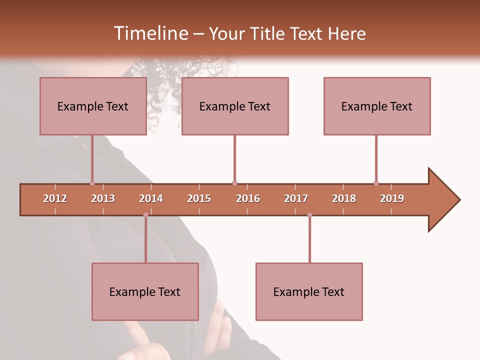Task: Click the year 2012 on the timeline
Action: point(55,199)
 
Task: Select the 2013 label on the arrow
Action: point(103,199)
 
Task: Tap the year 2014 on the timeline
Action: point(151,199)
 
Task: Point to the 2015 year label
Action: point(199,199)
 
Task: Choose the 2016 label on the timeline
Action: point(248,199)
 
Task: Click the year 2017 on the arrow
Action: point(296,199)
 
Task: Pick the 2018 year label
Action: point(344,199)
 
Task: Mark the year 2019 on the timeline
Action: point(392,199)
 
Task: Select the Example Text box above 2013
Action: point(93,106)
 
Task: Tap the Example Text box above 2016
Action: point(235,106)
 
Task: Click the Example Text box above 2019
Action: point(377,106)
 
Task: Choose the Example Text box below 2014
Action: point(145,292)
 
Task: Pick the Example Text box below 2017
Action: point(309,292)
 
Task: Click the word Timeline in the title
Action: point(150,33)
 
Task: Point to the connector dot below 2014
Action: point(145,215)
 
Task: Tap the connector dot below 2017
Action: point(309,215)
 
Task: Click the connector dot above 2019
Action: point(376,183)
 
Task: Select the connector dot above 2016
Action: point(234,183)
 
